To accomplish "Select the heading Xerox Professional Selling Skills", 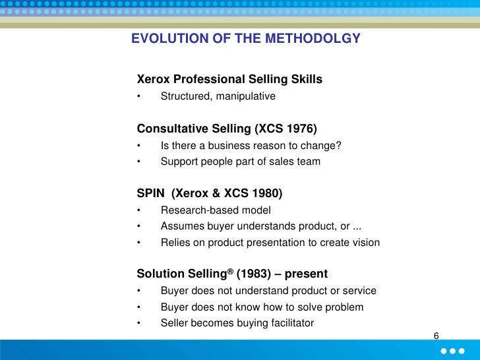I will [x=229, y=80].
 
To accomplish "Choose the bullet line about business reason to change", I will [x=251, y=146].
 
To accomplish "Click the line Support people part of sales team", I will [x=240, y=161].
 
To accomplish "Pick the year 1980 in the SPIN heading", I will [x=266, y=193].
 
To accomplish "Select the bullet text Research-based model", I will [x=215, y=210].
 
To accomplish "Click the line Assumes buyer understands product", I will [x=260, y=226].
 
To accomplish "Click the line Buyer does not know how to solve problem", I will [x=262, y=307].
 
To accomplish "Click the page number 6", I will [x=436, y=337].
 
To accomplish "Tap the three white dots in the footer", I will [x=454, y=350].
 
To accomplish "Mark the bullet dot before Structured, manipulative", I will [x=140, y=97].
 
